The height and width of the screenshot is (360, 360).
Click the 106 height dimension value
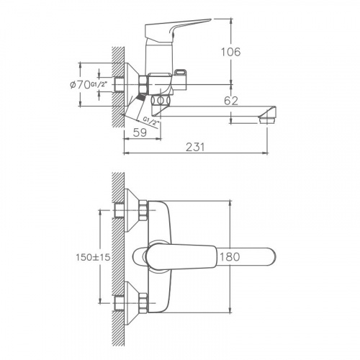coord(230,52)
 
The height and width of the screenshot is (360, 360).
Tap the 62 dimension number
coord(231,101)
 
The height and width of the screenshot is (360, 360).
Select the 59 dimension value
coord(140,132)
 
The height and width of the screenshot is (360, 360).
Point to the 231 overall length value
coord(196,147)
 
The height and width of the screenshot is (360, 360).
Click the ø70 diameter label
coord(80,84)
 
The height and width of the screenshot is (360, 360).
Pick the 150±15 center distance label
coord(93,257)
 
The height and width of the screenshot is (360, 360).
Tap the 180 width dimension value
coord(230,257)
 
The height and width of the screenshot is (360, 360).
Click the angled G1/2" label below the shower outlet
coord(151,122)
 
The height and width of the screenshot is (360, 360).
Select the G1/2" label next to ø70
coord(98,84)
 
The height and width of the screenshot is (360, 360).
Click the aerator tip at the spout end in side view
coord(267,120)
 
